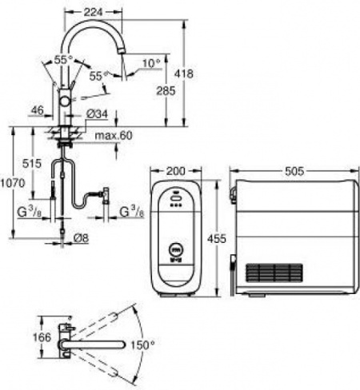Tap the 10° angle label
coord(152,62)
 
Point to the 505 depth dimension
coord(294,171)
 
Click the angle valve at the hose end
coord(104,194)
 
